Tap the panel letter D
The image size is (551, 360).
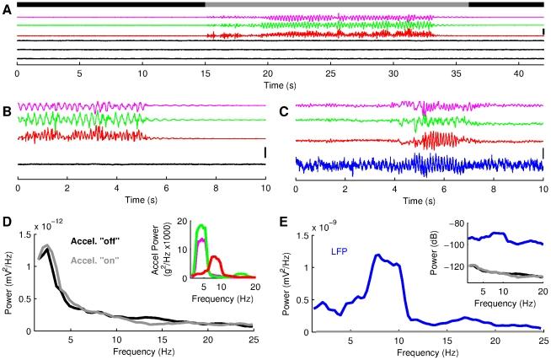6,225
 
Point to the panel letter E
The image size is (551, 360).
285,225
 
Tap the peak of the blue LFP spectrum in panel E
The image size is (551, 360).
377,255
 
